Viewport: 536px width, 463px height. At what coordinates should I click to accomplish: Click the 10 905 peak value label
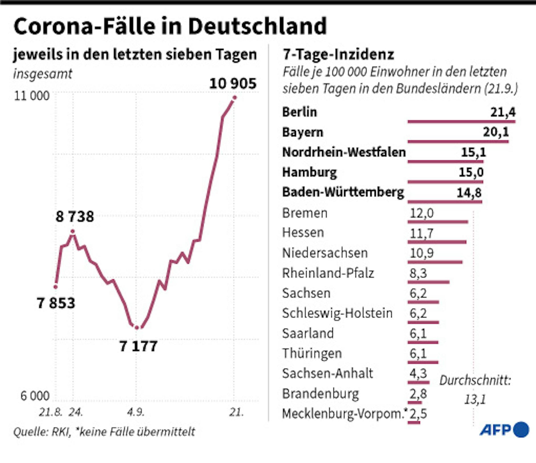pos(233,84)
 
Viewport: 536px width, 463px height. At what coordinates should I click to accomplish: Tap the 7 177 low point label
pos(138,346)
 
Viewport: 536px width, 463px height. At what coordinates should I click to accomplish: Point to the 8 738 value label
pos(75,216)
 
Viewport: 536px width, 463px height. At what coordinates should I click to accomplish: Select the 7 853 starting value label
pos(56,303)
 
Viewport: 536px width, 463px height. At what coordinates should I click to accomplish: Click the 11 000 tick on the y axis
pos(32,96)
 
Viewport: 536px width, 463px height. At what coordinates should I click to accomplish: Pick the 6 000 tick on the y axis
pos(35,396)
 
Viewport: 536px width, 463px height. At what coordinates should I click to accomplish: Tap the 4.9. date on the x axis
pos(136,412)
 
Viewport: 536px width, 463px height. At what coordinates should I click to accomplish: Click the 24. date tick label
pos(76,412)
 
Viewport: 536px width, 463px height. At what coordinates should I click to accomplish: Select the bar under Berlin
pos(461,122)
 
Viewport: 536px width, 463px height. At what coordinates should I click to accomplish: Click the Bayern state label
pos(302,132)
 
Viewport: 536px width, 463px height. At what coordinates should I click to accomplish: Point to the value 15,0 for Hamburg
pos(471,172)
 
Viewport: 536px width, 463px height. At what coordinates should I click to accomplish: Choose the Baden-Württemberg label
pos(343,192)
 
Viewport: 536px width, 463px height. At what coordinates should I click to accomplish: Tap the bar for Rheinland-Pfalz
pos(429,282)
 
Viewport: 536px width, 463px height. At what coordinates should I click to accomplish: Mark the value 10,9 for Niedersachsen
pos(421,253)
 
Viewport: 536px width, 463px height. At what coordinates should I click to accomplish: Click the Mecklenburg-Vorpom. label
pos(343,414)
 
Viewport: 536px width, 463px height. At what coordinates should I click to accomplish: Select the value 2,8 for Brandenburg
pos(418,394)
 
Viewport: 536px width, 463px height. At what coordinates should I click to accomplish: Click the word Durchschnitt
pos(475,381)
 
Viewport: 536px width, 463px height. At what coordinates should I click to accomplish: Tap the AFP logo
pos(504,430)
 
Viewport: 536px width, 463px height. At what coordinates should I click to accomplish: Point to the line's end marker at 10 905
pos(234,98)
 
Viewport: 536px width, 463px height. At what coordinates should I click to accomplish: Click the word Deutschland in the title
pos(257,26)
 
